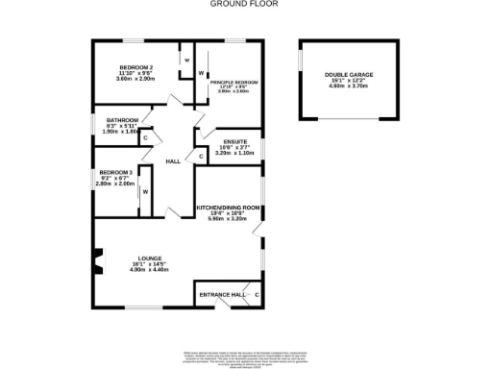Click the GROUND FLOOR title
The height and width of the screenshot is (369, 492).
click(x=245, y=4)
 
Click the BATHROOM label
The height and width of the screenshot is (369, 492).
click(x=123, y=120)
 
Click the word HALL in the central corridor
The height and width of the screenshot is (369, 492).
click(x=173, y=161)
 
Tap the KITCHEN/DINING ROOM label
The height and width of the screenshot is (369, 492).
click(x=228, y=208)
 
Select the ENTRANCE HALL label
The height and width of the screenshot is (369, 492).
click(x=217, y=293)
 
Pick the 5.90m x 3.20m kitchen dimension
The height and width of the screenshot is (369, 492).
click(x=228, y=219)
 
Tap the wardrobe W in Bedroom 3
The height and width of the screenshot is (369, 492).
click(x=145, y=190)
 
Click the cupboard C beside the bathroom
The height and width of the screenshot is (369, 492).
click(x=145, y=137)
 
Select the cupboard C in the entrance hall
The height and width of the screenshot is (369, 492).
click(x=257, y=294)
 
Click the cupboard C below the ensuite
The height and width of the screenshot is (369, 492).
click(x=200, y=157)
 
